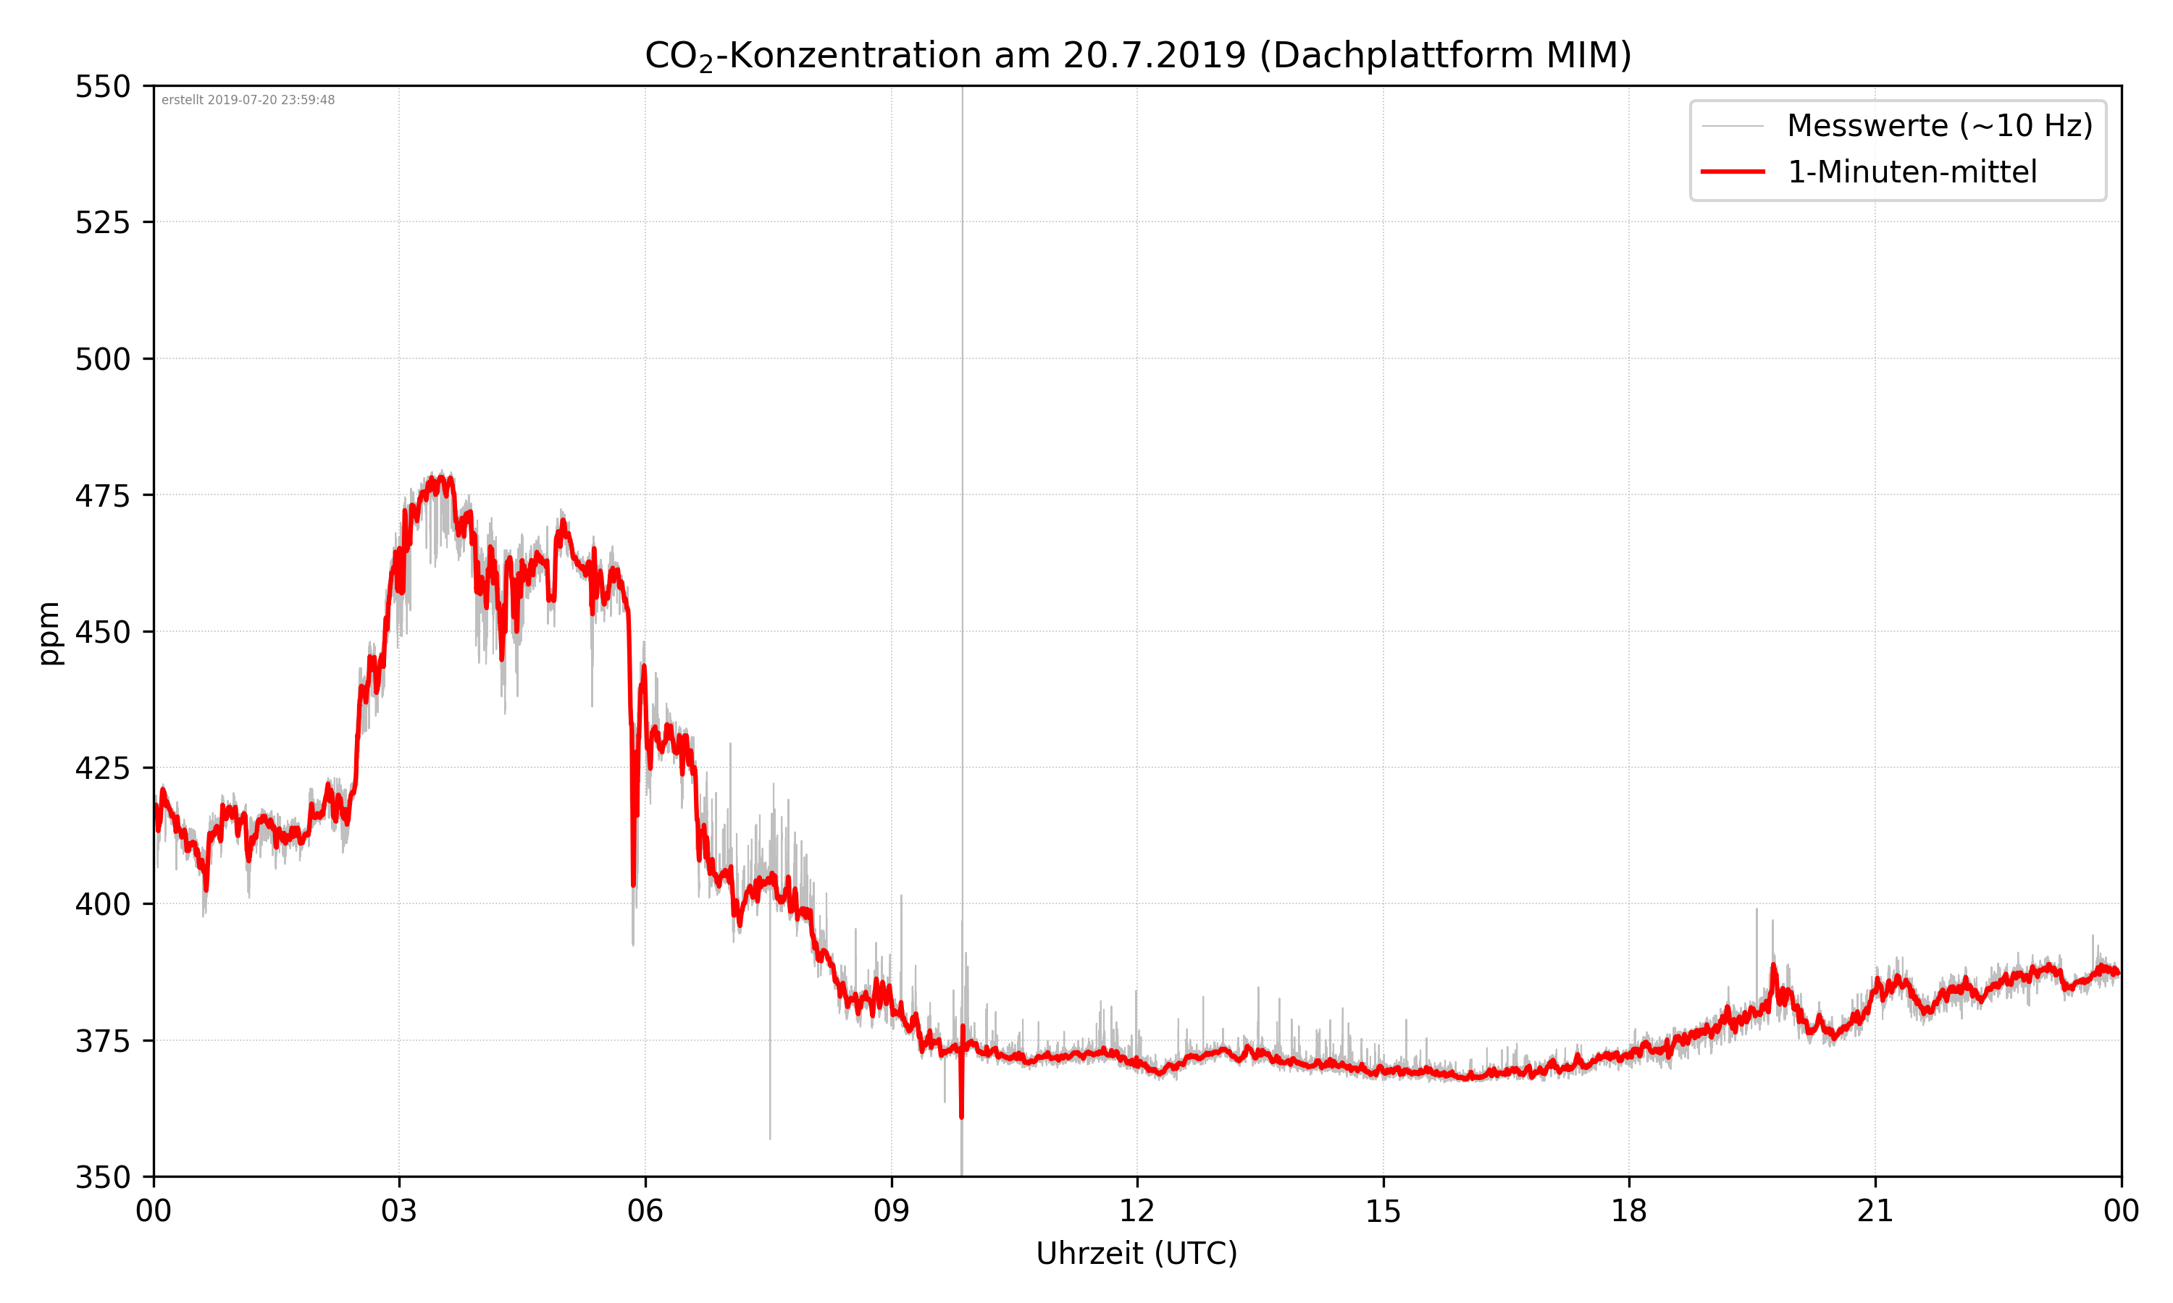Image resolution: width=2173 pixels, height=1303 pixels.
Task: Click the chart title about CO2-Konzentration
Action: click(x=1137, y=55)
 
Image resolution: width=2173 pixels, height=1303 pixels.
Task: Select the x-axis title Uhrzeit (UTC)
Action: click(x=1136, y=1253)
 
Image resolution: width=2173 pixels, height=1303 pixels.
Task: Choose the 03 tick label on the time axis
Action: click(x=399, y=1212)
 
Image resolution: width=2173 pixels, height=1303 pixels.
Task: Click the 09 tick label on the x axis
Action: click(x=891, y=1212)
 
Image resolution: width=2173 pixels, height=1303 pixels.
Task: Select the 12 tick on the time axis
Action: click(x=1136, y=1212)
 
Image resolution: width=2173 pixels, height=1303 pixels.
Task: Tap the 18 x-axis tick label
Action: click(x=1628, y=1212)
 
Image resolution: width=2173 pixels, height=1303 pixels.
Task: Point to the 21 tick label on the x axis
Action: click(x=1875, y=1212)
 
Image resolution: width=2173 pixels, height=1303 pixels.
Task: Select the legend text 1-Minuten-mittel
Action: click(x=1912, y=172)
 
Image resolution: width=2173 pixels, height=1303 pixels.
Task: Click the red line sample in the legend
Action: click(x=1732, y=172)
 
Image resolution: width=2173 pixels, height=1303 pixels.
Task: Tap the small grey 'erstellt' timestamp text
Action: click(x=248, y=100)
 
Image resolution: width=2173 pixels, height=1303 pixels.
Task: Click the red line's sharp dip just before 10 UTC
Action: click(x=961, y=1115)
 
